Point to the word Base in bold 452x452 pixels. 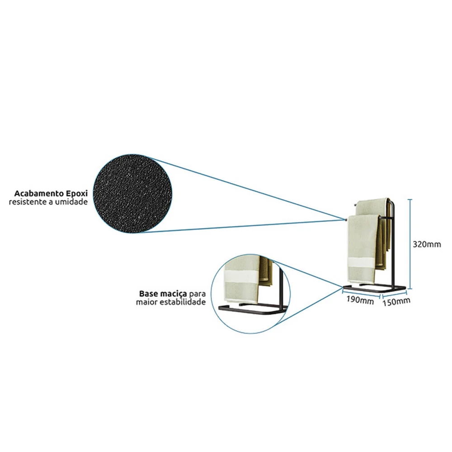click(x=148, y=294)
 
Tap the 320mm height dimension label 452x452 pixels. click(x=427, y=245)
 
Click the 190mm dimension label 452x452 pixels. click(x=360, y=300)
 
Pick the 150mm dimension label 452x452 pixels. click(x=397, y=301)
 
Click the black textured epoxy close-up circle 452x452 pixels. click(x=132, y=193)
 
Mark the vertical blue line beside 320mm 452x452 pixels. click(x=411, y=244)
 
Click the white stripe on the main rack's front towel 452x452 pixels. click(x=362, y=263)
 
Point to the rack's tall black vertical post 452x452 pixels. click(x=393, y=245)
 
